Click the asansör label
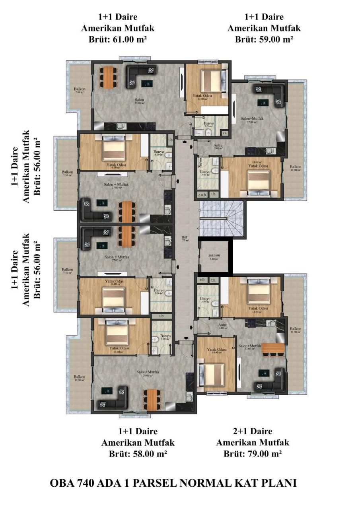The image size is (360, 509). coord(214,256)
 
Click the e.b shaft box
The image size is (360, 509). coord(202,280)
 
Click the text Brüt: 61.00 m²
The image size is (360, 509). coord(118,39)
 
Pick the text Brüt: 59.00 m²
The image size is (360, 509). coord(264,39)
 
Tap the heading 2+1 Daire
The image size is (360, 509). coord(253,431)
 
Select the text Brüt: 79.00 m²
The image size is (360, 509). coord(253,454)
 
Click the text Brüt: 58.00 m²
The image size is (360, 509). coord(138,454)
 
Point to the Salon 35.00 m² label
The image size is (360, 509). coord(139,101)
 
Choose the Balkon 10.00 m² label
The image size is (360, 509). coord(80,378)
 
